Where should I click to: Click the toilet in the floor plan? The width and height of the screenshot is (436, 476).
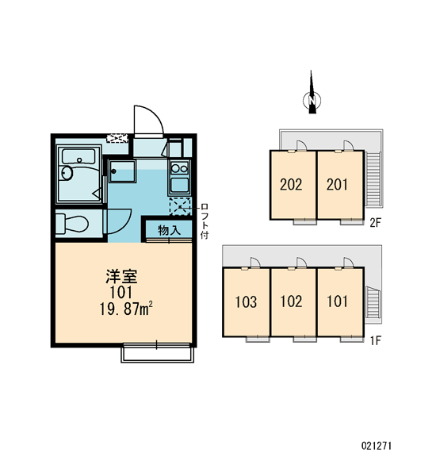pos(72,224)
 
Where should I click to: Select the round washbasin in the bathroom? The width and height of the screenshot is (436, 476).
pos(67,173)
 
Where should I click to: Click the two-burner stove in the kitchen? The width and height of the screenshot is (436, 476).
pos(179,168)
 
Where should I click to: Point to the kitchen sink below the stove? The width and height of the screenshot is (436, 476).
pos(179,185)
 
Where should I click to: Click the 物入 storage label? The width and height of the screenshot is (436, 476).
pos(169,230)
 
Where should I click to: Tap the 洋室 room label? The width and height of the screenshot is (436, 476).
pos(121,276)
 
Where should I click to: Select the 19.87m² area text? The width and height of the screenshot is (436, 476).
pos(126,309)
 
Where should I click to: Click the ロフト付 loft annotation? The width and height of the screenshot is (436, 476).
pos(205,221)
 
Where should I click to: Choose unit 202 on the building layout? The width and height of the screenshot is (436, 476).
pos(291,185)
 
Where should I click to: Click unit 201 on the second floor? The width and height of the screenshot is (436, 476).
pos(338,185)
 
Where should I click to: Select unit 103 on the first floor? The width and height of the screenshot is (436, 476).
pos(246,302)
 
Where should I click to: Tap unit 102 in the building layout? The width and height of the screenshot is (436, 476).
pos(292,302)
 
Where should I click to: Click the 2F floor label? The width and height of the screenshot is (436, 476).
pos(375,223)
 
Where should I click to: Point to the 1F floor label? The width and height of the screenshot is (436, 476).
pos(375,340)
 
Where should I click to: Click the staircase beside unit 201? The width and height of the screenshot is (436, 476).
pos(373,179)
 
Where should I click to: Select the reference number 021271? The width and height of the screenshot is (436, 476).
pos(377,446)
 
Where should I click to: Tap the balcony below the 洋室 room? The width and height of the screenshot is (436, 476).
pos(158,354)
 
